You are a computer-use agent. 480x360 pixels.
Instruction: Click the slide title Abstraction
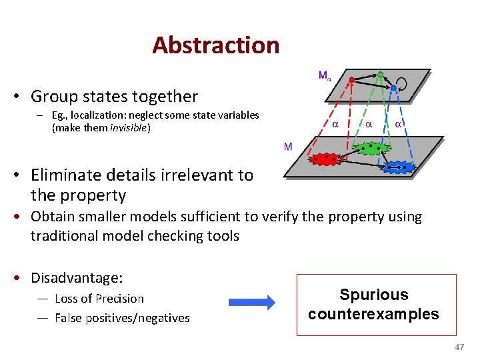pyautogui.click(x=215, y=45)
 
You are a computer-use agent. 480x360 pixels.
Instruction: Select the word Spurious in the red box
pyautogui.click(x=373, y=295)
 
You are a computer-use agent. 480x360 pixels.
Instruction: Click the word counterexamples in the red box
pyautogui.click(x=373, y=313)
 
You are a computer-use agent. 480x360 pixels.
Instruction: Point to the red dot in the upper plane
pyautogui.click(x=352, y=79)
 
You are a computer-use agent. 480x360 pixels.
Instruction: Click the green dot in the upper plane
pyautogui.click(x=380, y=74)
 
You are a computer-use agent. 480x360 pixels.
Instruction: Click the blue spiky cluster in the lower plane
pyautogui.click(x=399, y=167)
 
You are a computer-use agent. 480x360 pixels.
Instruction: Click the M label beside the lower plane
pyautogui.click(x=288, y=147)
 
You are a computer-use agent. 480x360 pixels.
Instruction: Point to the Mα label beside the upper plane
pyautogui.click(x=324, y=76)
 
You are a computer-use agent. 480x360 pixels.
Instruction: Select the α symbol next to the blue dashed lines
pyautogui.click(x=398, y=124)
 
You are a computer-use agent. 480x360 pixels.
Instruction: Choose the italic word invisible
pyautogui.click(x=129, y=127)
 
